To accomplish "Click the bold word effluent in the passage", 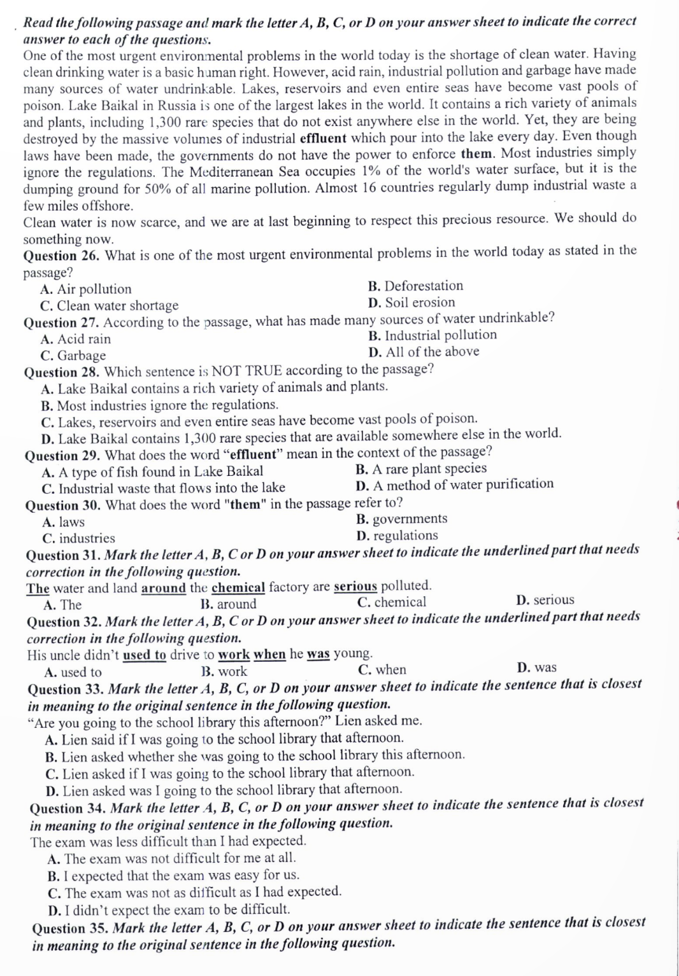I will pos(322,138).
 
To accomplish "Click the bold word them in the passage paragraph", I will pos(476,154).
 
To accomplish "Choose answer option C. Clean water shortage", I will pos(109,306).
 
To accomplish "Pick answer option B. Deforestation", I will pos(415,286).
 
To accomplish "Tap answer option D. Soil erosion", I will pos(411,303).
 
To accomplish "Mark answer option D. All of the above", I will pos(424,352).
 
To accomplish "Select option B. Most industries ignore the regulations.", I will pos(159,405).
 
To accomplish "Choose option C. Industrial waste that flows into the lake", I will pos(163,489).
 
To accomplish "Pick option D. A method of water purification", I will pos(455,485).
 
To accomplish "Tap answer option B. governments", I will pos(402,519).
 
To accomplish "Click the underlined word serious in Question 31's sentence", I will pos(355,586).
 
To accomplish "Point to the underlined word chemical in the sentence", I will pos(238,587).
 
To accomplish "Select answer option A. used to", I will pos(73,673).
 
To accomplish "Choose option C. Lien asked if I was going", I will pos(230,773).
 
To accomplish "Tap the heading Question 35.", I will pos(69,928).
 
